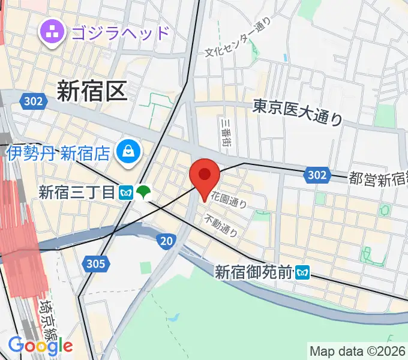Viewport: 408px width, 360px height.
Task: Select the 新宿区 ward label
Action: pos(92,91)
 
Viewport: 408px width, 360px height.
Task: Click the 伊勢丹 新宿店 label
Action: pos(59,152)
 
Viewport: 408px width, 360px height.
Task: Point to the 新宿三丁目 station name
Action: pos(76,192)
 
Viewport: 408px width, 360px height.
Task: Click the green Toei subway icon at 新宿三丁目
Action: pos(143,192)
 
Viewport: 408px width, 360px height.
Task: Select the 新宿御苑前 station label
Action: pos(254,272)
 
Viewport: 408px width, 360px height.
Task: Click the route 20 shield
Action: pos(166,241)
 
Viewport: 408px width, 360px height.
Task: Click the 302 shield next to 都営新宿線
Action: pos(316,175)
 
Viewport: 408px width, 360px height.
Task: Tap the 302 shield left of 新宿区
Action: pos(34,101)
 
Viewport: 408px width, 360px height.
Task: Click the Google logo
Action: pos(40,345)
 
